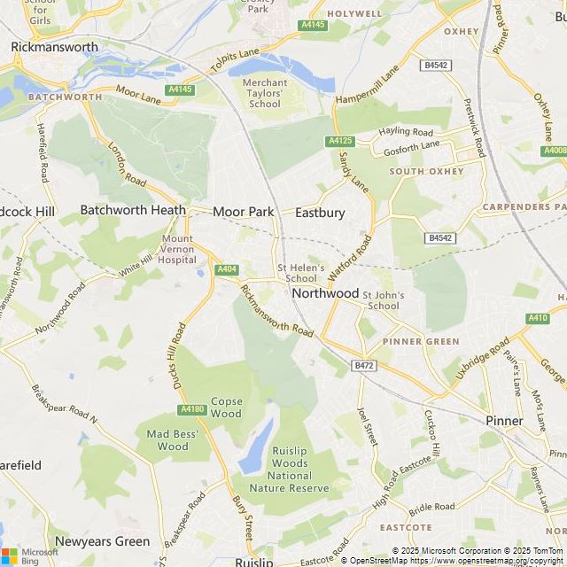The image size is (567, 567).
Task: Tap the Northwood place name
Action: (x=325, y=293)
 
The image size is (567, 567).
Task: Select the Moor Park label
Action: (x=243, y=212)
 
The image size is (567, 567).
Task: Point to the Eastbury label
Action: (x=320, y=213)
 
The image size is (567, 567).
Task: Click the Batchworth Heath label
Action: (x=133, y=210)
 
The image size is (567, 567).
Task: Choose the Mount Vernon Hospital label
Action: (x=177, y=249)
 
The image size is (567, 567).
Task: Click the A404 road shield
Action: (x=227, y=269)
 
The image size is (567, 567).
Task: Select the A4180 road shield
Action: (x=192, y=409)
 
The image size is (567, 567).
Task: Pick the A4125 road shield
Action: (x=340, y=141)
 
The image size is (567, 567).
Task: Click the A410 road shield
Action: (x=538, y=318)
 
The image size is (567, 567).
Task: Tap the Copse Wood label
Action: (x=226, y=408)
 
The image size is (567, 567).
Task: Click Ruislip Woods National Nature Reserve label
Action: (x=290, y=469)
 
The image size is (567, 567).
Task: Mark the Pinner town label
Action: (x=504, y=420)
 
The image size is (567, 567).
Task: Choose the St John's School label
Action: (x=383, y=300)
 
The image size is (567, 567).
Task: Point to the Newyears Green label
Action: (x=102, y=541)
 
